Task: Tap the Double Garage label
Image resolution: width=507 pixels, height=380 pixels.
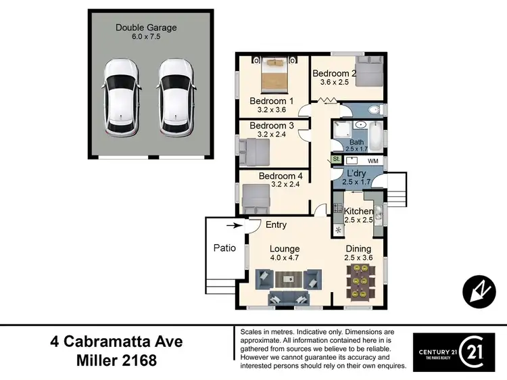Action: point(146,28)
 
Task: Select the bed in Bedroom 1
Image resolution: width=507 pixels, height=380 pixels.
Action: point(275,75)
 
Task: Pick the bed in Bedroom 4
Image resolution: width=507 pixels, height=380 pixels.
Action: point(257,197)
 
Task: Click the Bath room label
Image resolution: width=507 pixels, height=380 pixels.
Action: point(356,142)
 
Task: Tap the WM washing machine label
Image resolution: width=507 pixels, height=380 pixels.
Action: point(372,162)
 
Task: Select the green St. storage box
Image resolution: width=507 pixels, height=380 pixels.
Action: point(336,159)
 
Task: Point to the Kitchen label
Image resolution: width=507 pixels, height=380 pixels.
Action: point(358,212)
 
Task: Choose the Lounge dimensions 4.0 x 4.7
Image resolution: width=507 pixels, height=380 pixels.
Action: point(284,258)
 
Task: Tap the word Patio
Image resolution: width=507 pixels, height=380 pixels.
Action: point(224,247)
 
